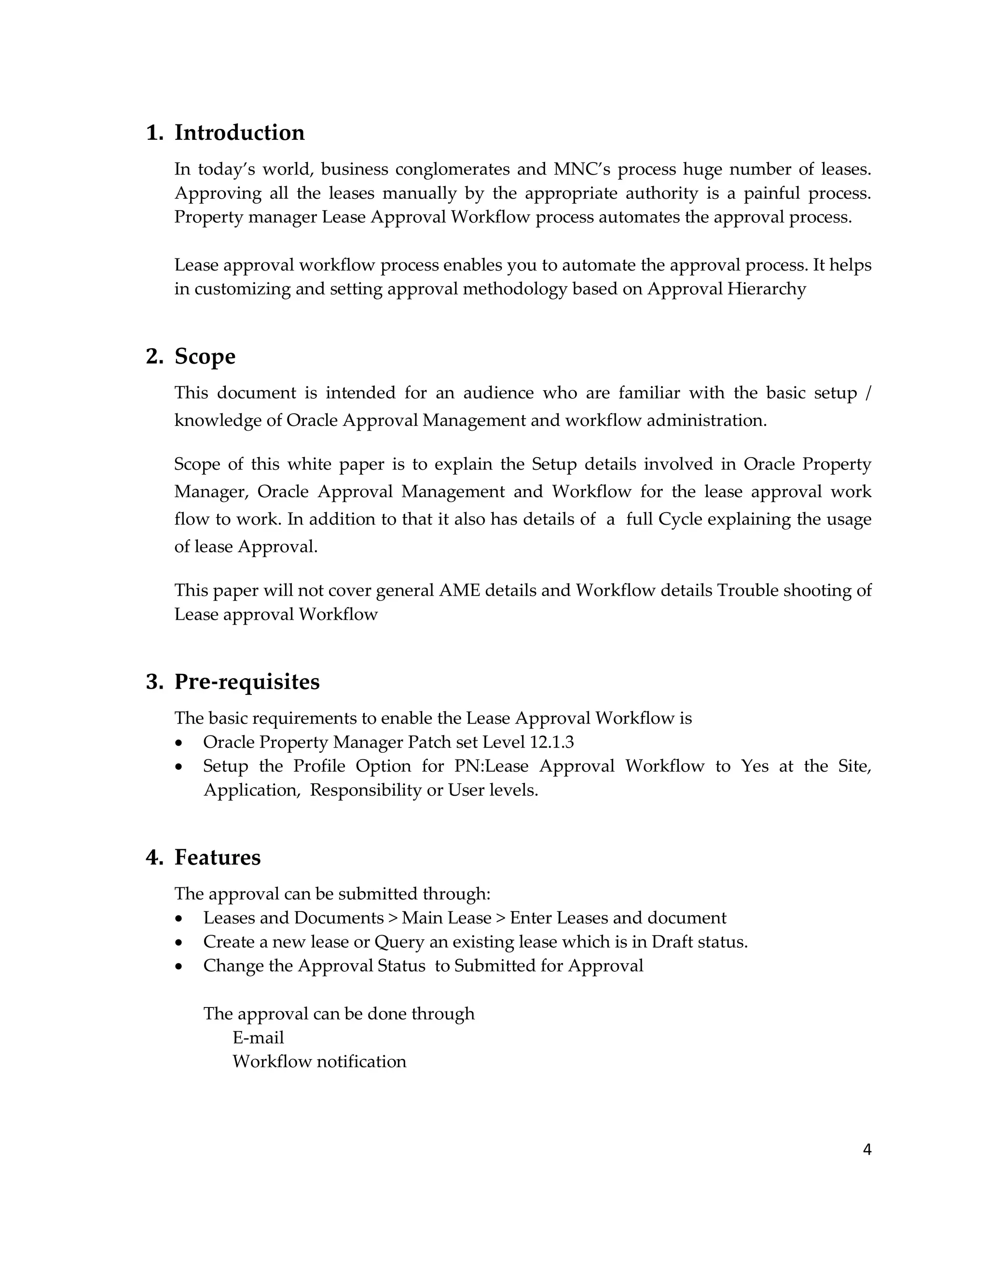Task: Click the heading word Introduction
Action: pos(239,133)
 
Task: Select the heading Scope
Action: pos(205,356)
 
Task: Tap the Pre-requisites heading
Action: pos(247,682)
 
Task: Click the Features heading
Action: pos(217,857)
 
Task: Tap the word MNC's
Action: pos(582,169)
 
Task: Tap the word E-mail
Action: pos(258,1037)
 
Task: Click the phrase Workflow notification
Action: pos(319,1061)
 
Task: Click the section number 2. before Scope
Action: pos(154,356)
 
